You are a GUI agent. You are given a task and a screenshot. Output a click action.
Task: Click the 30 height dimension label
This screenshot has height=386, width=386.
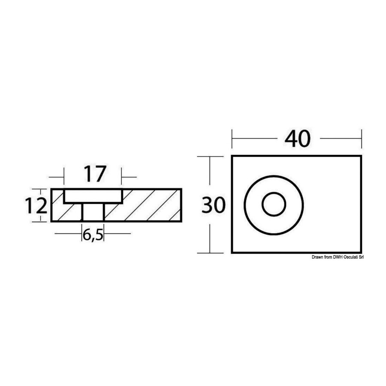[213, 205]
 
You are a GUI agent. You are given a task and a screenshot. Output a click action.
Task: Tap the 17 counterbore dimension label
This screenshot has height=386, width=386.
[95, 174]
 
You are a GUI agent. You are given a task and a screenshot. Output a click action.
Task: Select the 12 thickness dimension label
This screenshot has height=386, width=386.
[36, 206]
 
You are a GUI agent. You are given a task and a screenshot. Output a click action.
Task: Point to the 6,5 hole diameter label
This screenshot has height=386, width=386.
[93, 235]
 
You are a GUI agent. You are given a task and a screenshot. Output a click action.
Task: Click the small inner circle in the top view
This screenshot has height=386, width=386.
[274, 204]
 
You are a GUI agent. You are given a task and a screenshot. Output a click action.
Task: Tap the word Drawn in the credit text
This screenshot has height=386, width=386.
[317, 257]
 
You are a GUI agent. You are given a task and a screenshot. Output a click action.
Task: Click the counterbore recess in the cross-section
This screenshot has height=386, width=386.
[93, 196]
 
